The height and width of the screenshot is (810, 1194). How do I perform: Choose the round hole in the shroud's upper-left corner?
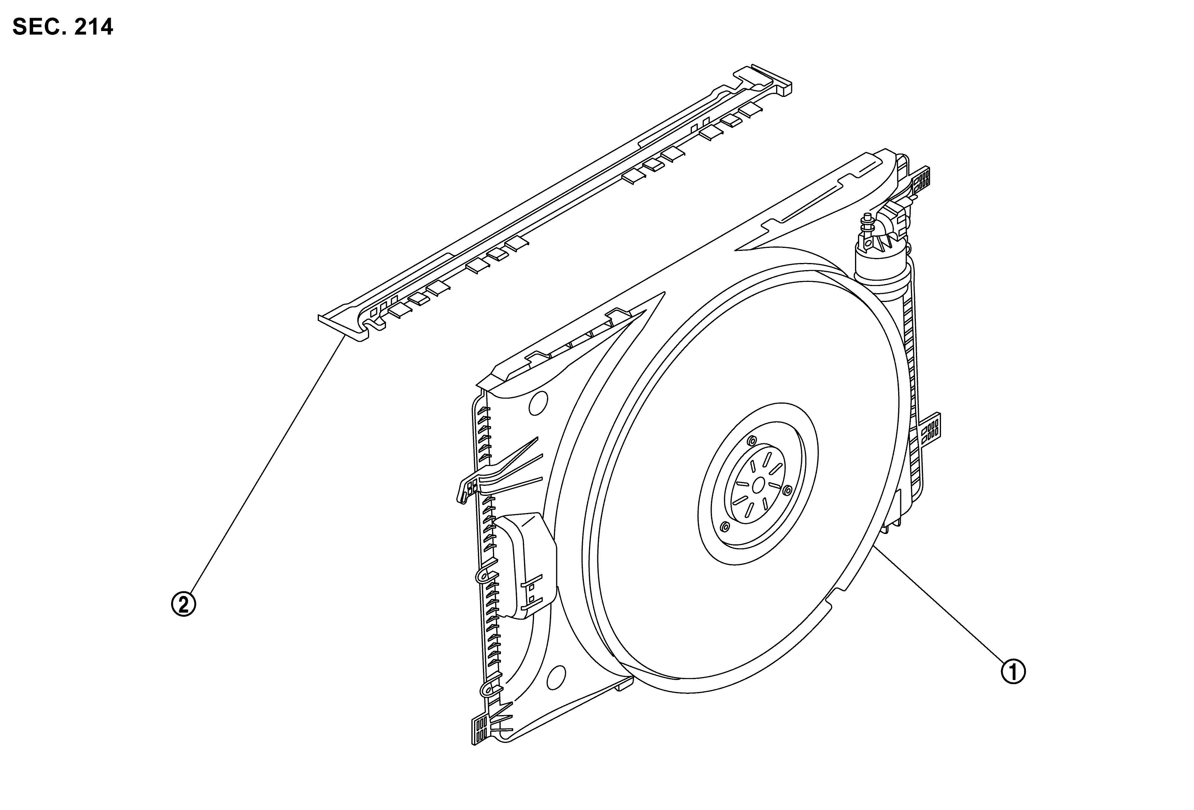tap(537, 403)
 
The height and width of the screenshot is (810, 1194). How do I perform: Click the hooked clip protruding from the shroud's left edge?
tap(468, 486)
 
